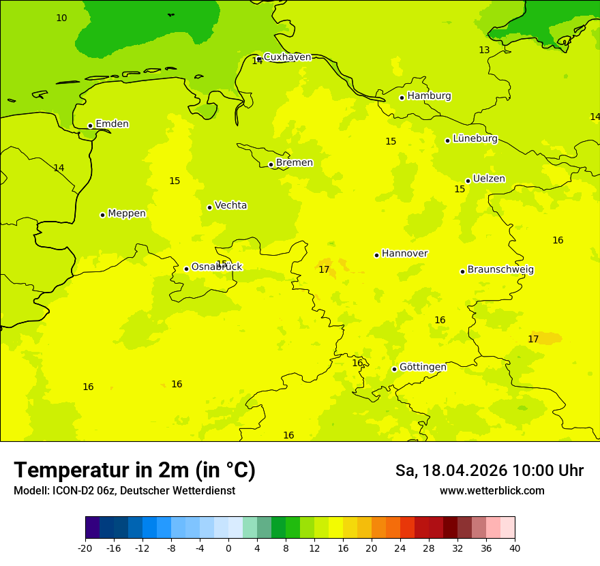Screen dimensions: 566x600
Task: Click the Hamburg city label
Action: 429,96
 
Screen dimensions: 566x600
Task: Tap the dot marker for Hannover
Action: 376,255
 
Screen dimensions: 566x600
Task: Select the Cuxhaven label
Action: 287,57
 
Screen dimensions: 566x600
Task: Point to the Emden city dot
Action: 90,125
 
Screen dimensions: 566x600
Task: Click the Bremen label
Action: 294,163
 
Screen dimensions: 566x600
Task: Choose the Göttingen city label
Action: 423,367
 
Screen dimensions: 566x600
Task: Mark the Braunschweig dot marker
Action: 462,271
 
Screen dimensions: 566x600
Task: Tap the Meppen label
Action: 126,213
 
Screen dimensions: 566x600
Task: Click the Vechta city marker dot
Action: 209,207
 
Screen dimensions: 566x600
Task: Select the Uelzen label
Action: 489,179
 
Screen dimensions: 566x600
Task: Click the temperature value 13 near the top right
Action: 484,50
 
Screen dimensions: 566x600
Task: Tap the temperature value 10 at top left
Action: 61,18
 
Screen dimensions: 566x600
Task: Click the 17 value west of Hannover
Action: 324,270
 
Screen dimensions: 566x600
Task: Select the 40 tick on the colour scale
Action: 515,548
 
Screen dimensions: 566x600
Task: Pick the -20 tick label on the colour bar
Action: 85,548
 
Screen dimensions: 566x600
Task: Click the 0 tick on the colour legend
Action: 228,548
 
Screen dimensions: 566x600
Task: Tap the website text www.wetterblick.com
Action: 492,491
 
